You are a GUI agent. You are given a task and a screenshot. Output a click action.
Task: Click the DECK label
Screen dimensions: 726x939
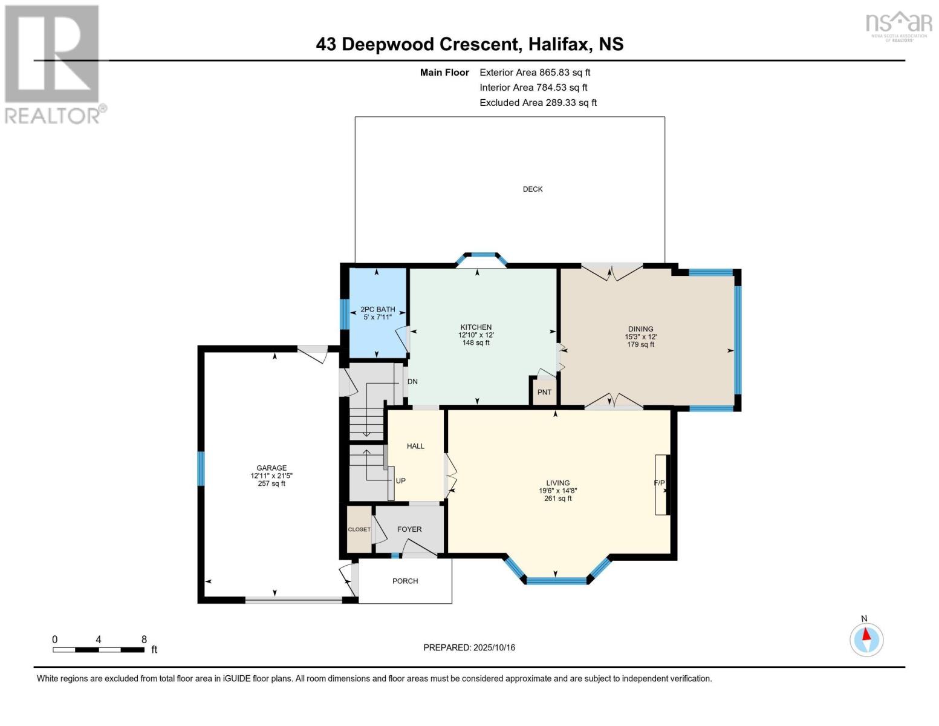[532, 189]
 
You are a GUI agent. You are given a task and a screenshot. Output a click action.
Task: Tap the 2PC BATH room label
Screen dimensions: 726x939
[377, 309]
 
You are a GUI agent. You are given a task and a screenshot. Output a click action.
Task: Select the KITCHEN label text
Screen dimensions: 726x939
[476, 327]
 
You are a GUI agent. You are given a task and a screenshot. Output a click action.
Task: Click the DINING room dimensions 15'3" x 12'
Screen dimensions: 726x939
[640, 337]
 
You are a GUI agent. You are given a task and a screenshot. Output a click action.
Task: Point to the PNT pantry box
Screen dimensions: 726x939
[544, 392]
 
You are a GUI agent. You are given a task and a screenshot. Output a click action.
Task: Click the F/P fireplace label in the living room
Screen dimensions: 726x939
[659, 483]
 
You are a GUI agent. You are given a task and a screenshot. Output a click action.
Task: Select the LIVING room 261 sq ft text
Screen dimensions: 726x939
[557, 499]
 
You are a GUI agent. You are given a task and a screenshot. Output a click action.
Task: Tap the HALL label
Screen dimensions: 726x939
[415, 446]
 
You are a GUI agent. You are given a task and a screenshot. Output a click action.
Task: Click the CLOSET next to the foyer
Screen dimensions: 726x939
[359, 529]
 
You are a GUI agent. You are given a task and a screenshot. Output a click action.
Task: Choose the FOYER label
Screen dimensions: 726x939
[409, 529]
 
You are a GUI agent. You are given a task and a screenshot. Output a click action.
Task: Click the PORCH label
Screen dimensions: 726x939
[405, 581]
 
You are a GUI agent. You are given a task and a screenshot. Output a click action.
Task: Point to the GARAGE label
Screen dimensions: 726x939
[271, 468]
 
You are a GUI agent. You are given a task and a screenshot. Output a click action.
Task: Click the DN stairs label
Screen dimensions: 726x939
[412, 382]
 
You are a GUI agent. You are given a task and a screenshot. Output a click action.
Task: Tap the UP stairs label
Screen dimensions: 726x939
[400, 481]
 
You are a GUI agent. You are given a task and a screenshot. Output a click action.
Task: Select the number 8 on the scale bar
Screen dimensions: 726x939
[144, 639]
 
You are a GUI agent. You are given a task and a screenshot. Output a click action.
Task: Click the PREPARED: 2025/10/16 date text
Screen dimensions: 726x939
[469, 647]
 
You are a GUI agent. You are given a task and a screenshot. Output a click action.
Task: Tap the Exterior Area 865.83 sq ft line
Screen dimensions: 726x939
[534, 72]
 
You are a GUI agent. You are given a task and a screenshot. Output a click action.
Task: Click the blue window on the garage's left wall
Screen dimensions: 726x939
[201, 468]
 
